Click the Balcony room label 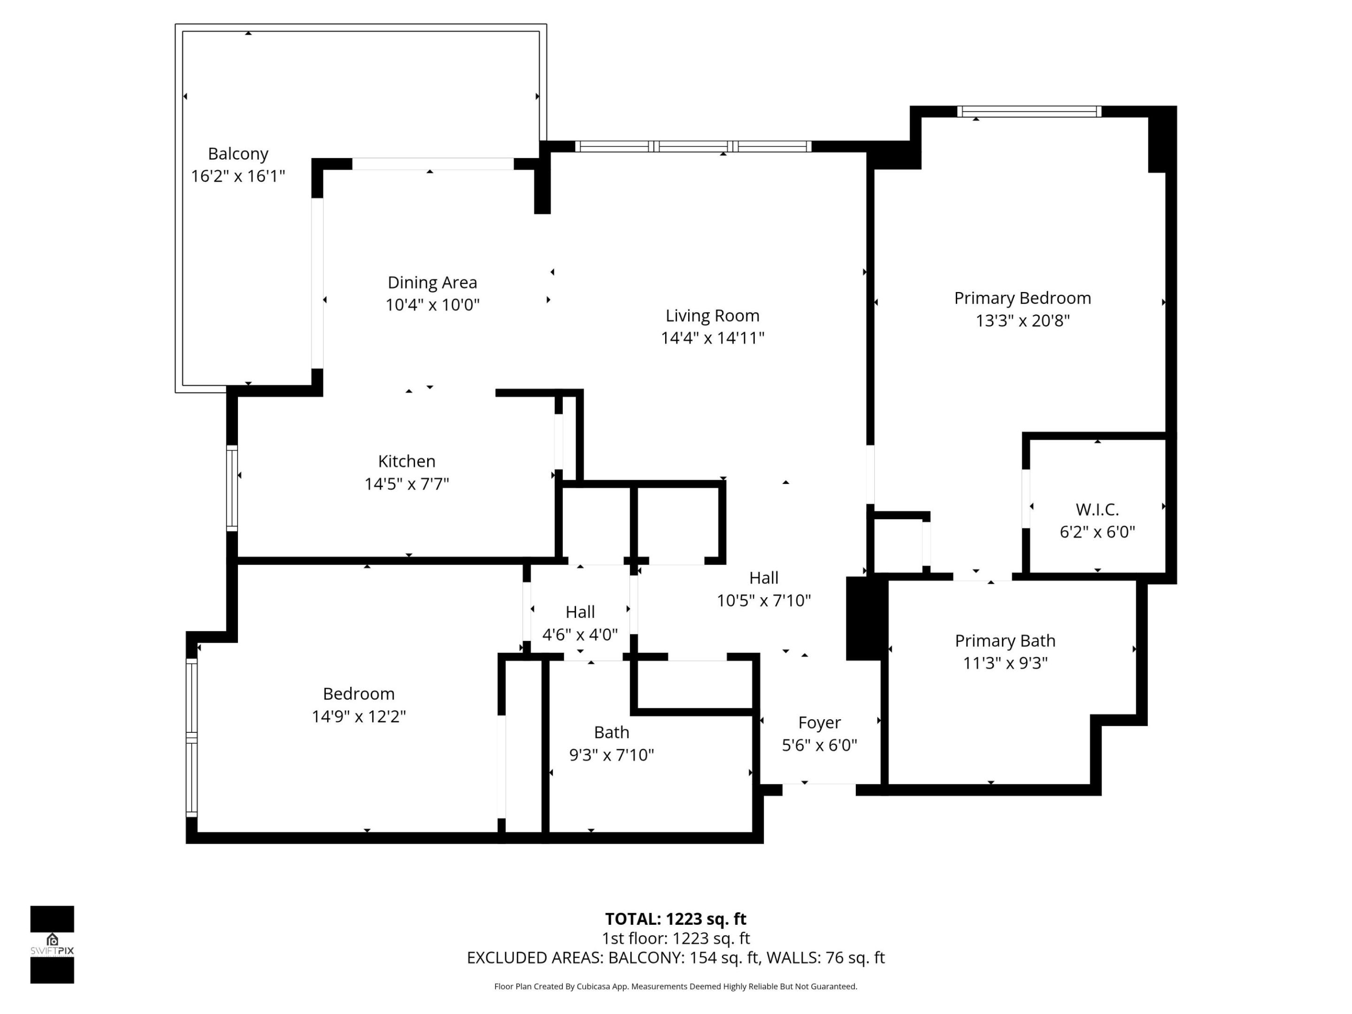coord(238,154)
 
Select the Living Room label coord(712,316)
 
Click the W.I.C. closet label coord(1097,510)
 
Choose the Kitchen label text coord(407,461)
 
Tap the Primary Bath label coord(1005,641)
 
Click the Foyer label coord(819,723)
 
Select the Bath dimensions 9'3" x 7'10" coord(611,755)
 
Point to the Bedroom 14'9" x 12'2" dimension coord(359,716)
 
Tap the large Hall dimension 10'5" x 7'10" coord(763,601)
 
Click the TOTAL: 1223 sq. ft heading coord(676,919)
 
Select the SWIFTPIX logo coord(52,945)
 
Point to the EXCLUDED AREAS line coord(676,958)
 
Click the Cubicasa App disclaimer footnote coord(676,986)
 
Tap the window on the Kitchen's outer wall coord(231,488)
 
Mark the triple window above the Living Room coord(693,146)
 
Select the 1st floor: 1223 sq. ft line coord(676,938)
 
